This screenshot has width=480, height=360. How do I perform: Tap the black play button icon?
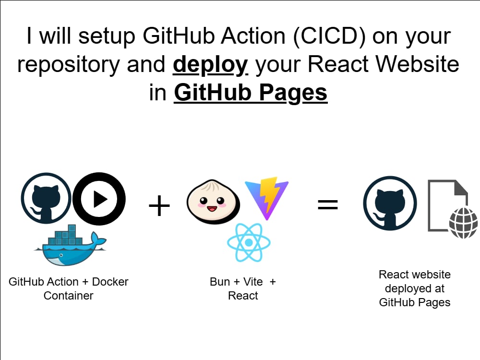pyautogui.click(x=99, y=199)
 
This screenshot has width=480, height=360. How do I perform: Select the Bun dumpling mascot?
pyautogui.click(x=214, y=202)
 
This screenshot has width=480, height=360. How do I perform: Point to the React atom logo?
pyautogui.click(x=249, y=242)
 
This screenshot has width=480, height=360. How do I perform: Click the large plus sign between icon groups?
pyautogui.click(x=159, y=206)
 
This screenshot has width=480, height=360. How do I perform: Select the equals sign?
pyautogui.click(x=328, y=204)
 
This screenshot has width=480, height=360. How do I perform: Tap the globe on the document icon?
pyautogui.click(x=463, y=223)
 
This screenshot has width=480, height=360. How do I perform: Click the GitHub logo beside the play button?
pyautogui.click(x=46, y=198)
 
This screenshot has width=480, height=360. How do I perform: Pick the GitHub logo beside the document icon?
pyautogui.click(x=390, y=203)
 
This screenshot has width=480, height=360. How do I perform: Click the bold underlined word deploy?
pyautogui.click(x=210, y=65)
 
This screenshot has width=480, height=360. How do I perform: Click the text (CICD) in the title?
pyautogui.click(x=329, y=36)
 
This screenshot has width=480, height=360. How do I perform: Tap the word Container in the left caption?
pyautogui.click(x=68, y=296)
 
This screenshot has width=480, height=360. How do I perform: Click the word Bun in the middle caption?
pyautogui.click(x=220, y=282)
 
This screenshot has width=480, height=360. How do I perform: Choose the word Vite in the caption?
pyautogui.click(x=253, y=282)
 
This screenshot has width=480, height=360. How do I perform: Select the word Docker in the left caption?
pyautogui.click(x=110, y=282)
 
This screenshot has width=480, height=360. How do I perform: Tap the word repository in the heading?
pyautogui.click(x=69, y=65)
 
